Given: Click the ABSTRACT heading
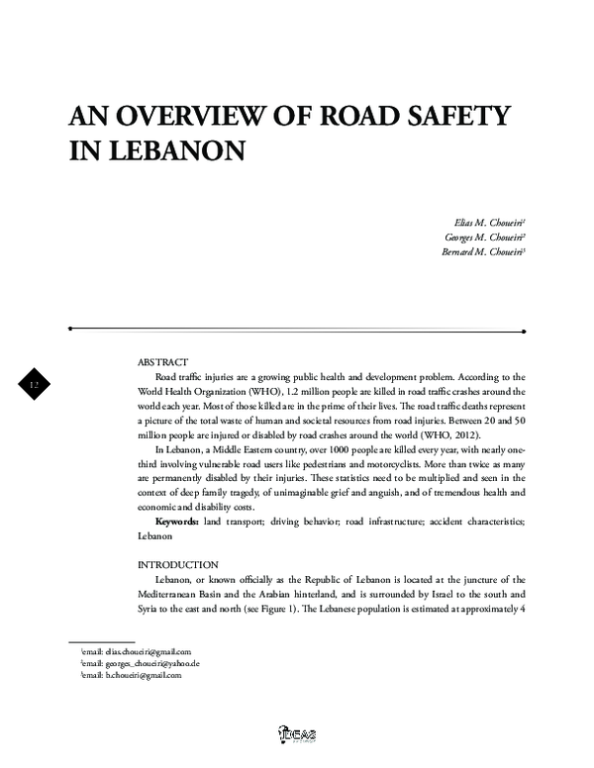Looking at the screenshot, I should point(163,363).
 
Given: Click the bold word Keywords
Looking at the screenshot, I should point(177,521).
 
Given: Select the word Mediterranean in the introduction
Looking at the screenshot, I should point(177,594).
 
